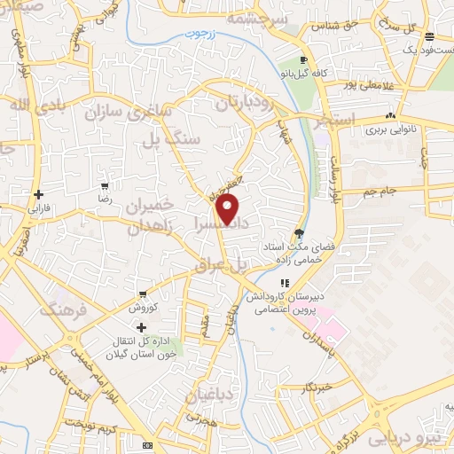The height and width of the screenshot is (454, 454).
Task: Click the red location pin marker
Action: tap(229, 209)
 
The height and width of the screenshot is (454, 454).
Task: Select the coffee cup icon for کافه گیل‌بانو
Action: tap(304, 60)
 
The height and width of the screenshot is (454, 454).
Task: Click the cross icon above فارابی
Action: tap(38, 195)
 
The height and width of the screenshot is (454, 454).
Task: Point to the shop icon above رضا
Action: tap(106, 186)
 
